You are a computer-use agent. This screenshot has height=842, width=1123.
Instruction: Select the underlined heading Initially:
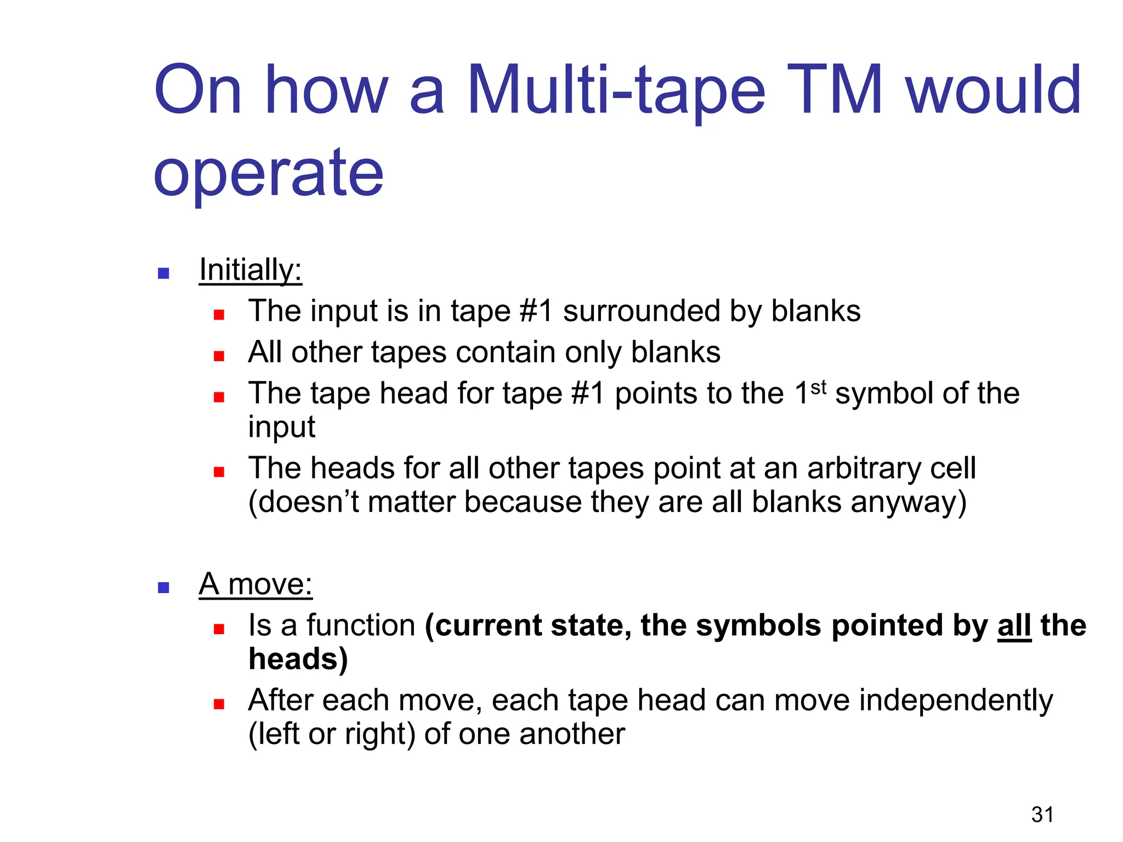(251, 270)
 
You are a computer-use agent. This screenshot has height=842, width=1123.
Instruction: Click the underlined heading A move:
(256, 584)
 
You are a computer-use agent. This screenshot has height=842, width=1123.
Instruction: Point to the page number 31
(1042, 815)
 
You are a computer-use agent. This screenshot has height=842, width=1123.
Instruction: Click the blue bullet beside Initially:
(163, 273)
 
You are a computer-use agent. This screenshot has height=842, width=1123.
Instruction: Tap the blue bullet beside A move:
(163, 588)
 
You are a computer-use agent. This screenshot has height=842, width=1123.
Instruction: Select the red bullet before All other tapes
(219, 356)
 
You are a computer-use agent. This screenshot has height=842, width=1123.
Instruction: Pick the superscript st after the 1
(818, 387)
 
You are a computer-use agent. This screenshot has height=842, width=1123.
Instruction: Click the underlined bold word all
(1014, 625)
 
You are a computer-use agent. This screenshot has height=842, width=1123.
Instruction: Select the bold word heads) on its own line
(298, 659)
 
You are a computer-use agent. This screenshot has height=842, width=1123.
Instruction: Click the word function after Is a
(361, 625)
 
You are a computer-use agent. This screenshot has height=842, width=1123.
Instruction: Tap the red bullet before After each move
(219, 704)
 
